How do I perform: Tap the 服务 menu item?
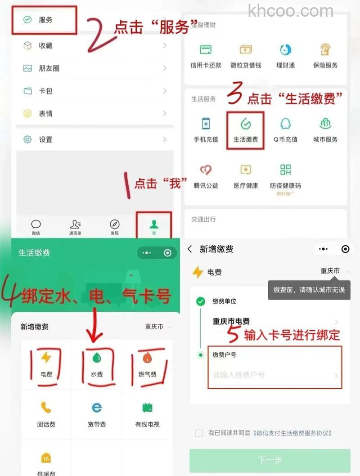click(x=45, y=20)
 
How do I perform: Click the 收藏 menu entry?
click(x=45, y=45)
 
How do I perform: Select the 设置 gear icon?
click(x=28, y=139)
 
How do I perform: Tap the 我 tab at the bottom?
click(x=154, y=225)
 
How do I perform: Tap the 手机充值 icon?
click(x=206, y=124)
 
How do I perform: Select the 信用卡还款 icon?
click(x=206, y=50)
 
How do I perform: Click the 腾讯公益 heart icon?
click(x=206, y=170)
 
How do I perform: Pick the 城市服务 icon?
click(x=325, y=124)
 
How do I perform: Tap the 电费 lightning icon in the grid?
click(x=46, y=358)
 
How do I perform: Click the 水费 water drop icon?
click(x=97, y=358)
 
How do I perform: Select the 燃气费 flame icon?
click(x=147, y=358)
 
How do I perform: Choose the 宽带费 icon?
click(x=97, y=408)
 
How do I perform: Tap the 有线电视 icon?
click(x=147, y=408)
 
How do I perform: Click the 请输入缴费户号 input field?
click(x=270, y=375)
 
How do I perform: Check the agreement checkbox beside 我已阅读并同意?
click(x=198, y=433)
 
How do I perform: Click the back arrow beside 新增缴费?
click(x=190, y=249)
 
